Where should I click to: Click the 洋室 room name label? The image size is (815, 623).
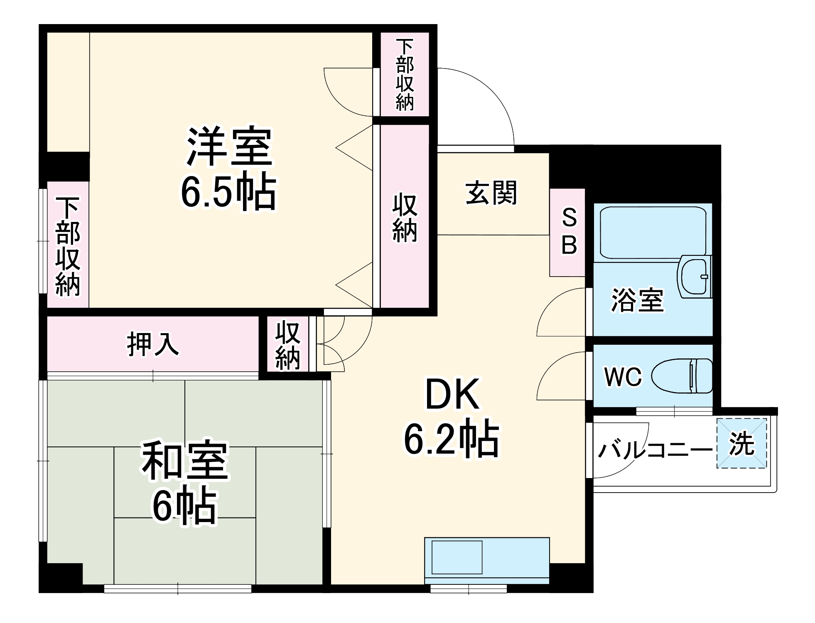coord(229,146)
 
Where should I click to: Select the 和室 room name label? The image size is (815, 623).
coord(185,460)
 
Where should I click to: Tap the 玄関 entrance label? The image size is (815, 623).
coord(491,193)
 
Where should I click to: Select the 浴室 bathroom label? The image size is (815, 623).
coord(637,300)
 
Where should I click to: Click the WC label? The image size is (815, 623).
coord(623,377)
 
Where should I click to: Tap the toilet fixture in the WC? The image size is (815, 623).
coord(681,376)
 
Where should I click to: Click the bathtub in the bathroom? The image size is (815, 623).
coord(653,232)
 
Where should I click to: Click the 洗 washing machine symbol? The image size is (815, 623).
coord(741,444)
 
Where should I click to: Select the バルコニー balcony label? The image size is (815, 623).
coord(654,450)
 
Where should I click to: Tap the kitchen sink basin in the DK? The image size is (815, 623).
coord(457,557)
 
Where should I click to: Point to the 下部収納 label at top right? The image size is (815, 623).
coord(405,75)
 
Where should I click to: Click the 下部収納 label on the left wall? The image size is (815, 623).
coord(68,247)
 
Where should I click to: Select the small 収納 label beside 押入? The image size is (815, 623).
coord(287,345)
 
